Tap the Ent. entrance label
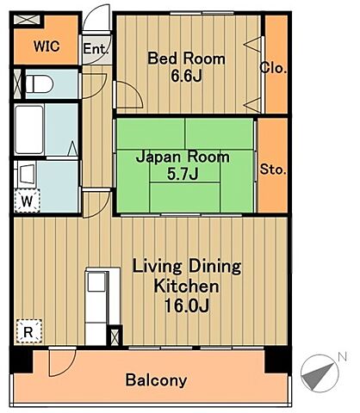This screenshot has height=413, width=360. coord(96,49)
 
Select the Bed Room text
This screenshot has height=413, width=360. coord(186,59)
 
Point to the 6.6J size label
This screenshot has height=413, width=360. coord(186,77)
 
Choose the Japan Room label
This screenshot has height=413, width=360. coord(183,157)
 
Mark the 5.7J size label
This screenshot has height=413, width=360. coord(183,175)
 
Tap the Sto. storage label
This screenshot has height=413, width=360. coord(273,170)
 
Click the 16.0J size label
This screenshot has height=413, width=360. coord(186,305)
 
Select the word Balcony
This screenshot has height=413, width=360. coord(156,379)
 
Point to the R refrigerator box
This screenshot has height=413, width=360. coord(28,331)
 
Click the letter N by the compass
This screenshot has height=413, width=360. coord(342,356)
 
